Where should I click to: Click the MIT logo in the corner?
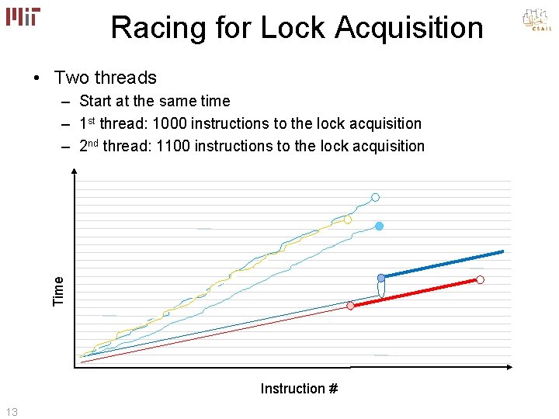(24, 17)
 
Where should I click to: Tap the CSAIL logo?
(536, 19)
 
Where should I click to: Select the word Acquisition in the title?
(409, 28)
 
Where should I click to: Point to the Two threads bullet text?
(105, 78)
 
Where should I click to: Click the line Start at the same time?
(155, 101)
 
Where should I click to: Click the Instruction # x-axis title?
(299, 389)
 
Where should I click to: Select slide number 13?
(11, 410)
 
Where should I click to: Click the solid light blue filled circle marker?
(380, 227)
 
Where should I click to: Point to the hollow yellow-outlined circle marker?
(348, 220)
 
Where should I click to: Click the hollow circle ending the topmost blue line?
(375, 198)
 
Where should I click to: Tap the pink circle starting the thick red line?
(351, 306)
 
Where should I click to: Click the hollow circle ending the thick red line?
(480, 279)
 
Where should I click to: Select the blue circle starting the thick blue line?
(381, 278)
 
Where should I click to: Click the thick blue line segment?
(443, 264)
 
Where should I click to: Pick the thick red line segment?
(415, 293)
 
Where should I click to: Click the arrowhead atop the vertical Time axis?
(75, 175)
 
